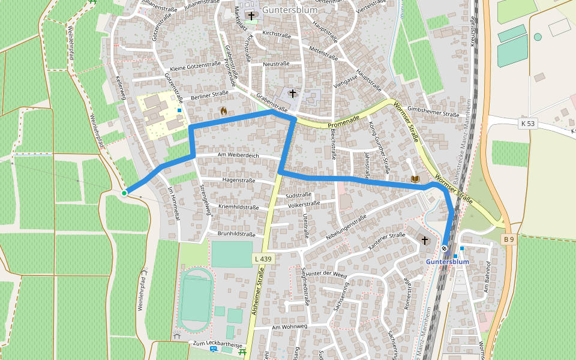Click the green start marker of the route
click(124, 193)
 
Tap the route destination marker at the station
click(445, 248)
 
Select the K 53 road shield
click(527, 123)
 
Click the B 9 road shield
click(509, 239)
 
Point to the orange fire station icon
click(223, 111)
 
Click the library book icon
click(415, 179)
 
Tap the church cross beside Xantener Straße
click(425, 240)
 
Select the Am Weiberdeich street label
click(238, 155)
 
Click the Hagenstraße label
click(239, 180)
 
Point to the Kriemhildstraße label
click(239, 207)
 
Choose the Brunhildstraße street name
click(236, 234)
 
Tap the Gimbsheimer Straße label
click(433, 114)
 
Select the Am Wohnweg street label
click(289, 327)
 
